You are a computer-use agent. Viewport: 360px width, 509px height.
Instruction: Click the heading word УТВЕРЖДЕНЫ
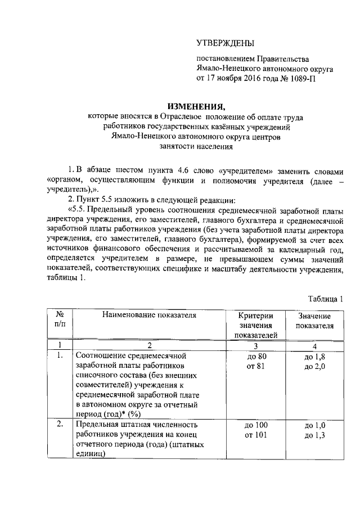(225, 43)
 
